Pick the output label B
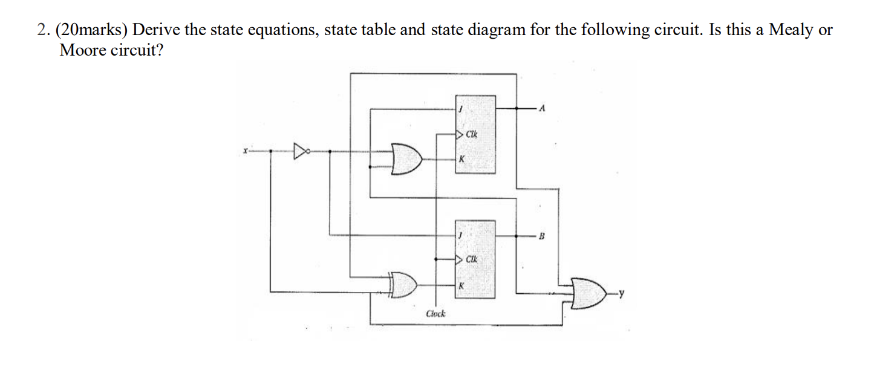pos(542,236)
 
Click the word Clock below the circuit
pos(435,314)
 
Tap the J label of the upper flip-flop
pos(461,109)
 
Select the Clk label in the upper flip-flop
pos(472,134)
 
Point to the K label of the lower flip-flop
pos(461,285)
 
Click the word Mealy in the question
pos(791,30)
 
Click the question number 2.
pos(42,30)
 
